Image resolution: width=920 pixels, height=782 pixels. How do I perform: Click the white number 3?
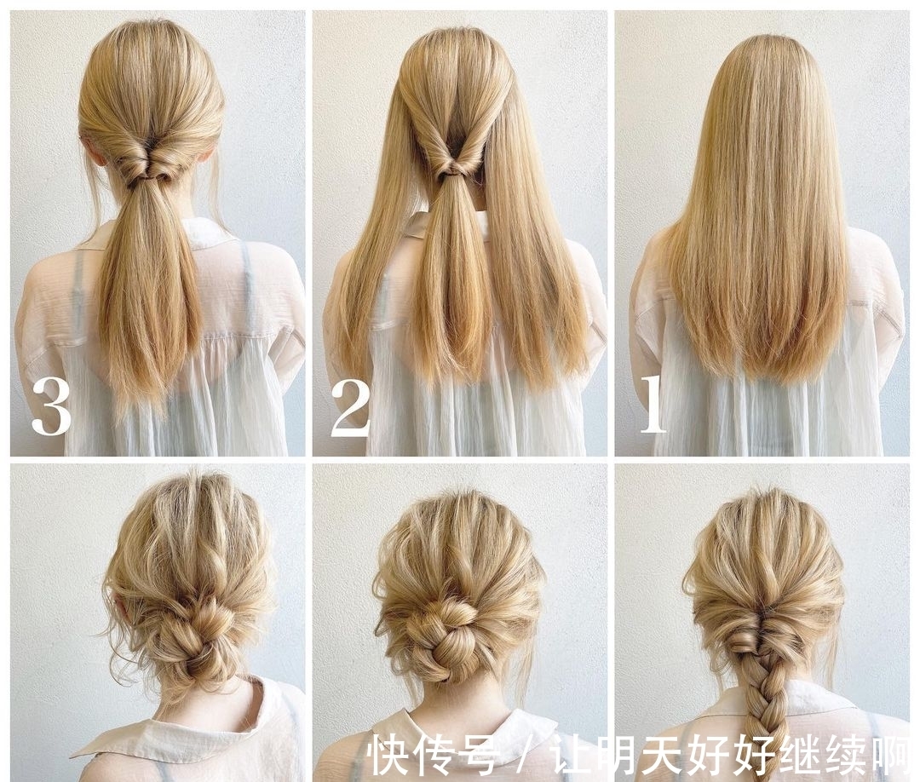[x=51, y=406]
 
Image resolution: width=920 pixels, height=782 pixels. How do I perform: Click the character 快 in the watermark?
[x=389, y=755]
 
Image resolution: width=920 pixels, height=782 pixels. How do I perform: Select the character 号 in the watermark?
[x=479, y=755]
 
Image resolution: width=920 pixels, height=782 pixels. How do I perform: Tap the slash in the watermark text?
[x=525, y=755]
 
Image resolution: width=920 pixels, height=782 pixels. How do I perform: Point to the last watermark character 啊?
[x=893, y=755]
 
